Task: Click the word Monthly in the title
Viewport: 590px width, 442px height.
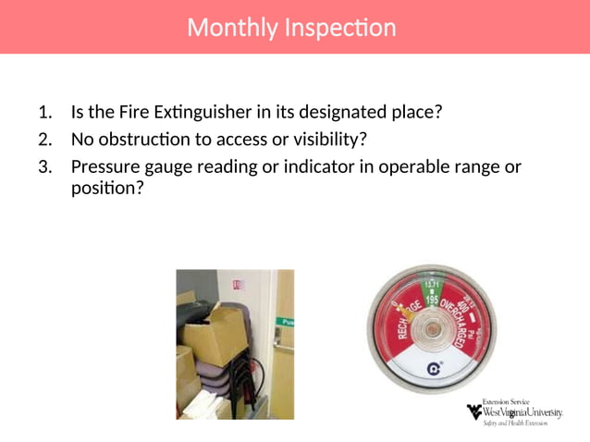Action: click(219, 28)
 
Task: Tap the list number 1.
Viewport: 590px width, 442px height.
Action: click(44, 113)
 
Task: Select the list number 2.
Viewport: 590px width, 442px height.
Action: click(44, 140)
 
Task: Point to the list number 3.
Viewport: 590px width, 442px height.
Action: click(44, 167)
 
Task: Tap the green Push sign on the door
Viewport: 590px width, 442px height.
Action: click(288, 323)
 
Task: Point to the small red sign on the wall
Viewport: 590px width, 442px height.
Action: click(237, 286)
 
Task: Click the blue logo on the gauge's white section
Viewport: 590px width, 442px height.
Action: click(431, 370)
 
